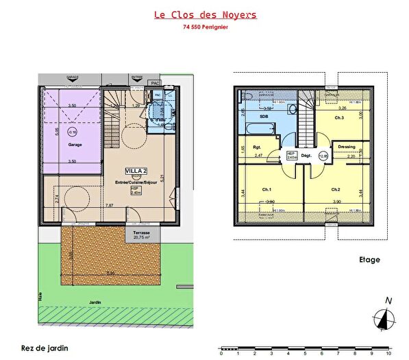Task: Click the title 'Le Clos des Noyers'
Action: click(205, 14)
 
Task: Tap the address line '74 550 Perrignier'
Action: click(205, 28)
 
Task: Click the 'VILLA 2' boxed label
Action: click(135, 170)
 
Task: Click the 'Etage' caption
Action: click(369, 260)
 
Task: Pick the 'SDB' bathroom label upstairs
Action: click(264, 117)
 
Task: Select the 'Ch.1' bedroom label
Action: click(266, 189)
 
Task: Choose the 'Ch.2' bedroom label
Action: click(335, 189)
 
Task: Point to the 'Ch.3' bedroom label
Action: click(338, 118)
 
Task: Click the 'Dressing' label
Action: click(345, 146)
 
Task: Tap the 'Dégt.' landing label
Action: click(306, 156)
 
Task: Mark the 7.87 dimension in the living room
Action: click(110, 205)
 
